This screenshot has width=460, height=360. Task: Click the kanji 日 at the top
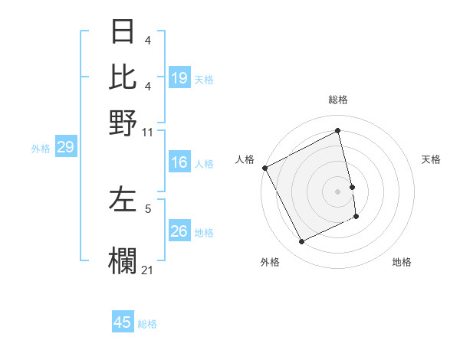(x=123, y=32)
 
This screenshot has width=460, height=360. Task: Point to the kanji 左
(x=123, y=198)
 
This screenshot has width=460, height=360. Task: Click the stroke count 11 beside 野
(x=148, y=132)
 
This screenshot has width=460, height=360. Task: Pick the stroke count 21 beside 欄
(x=148, y=270)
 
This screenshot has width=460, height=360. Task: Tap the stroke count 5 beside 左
(x=148, y=208)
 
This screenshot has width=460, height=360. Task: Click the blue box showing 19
(x=179, y=77)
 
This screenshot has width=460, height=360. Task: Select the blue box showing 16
(x=179, y=162)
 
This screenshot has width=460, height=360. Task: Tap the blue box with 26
(x=179, y=231)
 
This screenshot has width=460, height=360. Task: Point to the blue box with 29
(x=65, y=147)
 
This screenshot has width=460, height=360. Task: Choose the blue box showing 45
(x=123, y=322)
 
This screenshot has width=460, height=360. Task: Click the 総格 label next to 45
(x=147, y=324)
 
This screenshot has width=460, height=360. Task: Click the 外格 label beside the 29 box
(x=41, y=148)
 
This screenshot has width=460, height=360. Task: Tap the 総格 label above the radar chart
(x=338, y=100)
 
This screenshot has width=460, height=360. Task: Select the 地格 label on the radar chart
(x=402, y=262)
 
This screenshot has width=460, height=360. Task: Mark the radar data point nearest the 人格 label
(x=265, y=168)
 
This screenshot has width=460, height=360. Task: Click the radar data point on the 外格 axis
(x=301, y=242)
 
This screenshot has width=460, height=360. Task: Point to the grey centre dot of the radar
(x=338, y=191)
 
